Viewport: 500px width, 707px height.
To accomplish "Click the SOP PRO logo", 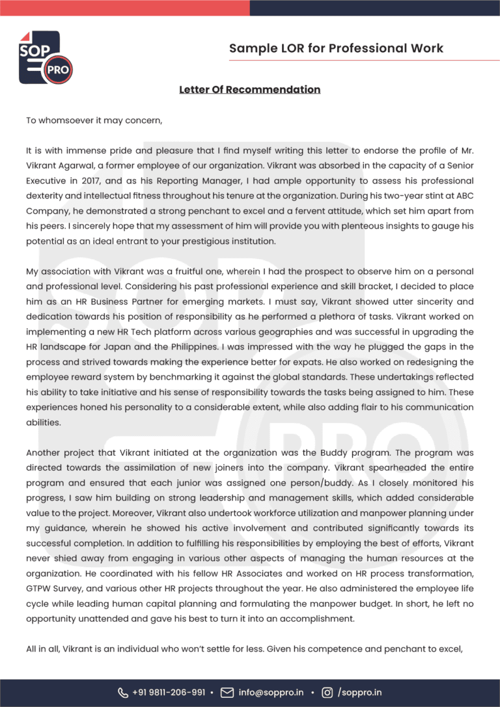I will point(45,57).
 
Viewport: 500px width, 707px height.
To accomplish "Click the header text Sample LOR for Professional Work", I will point(336,48).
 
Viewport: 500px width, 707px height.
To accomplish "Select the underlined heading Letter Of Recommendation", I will point(249,89).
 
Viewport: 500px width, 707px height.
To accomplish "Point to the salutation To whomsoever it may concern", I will point(94,120).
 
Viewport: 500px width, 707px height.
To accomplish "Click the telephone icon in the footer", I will point(122,693).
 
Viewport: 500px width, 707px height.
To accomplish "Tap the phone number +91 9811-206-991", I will point(169,693).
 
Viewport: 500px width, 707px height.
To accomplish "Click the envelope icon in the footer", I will point(227,693).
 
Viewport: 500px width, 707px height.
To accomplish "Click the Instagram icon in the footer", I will point(327,693).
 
